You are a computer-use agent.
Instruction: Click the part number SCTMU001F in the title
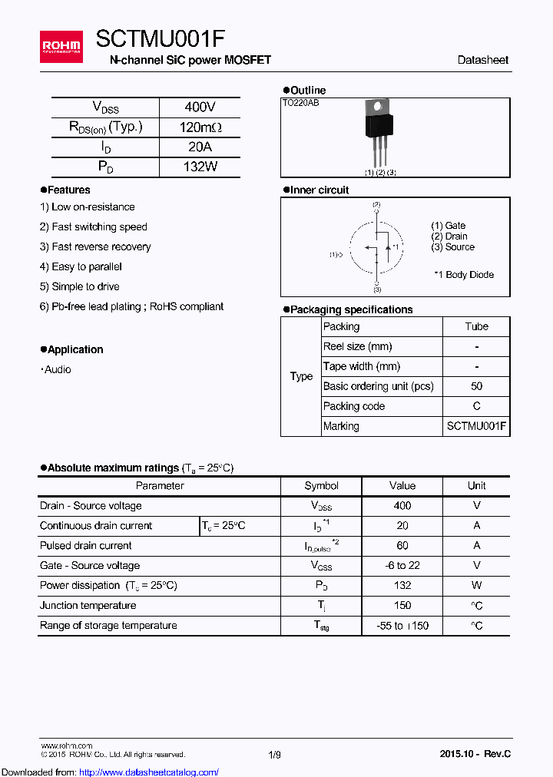[x=160, y=39]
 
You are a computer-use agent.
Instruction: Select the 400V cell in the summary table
[x=200, y=107]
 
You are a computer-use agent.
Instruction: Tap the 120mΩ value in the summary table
[x=200, y=127]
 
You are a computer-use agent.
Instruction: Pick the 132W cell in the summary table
[x=200, y=167]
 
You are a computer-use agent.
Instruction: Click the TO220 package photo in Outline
[x=377, y=131]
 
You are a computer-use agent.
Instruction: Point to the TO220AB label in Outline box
[x=301, y=103]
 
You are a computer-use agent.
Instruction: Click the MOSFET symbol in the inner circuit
[x=377, y=247]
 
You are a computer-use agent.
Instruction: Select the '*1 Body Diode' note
[x=463, y=275]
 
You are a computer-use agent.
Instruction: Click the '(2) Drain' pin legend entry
[x=449, y=236]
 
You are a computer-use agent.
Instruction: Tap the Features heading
[x=68, y=190]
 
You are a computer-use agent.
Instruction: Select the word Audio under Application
[x=58, y=369]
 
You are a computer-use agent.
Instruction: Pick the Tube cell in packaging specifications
[x=476, y=326]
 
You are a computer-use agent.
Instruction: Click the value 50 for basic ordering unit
[x=476, y=386]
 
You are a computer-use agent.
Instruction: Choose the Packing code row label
[x=354, y=406]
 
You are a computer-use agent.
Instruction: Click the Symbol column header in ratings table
[x=321, y=485]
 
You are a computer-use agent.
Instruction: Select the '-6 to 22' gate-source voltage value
[x=402, y=566]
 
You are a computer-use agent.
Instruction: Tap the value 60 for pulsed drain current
[x=402, y=546]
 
